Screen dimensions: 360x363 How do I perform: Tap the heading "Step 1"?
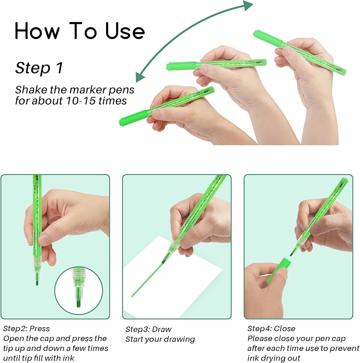tap(39, 68)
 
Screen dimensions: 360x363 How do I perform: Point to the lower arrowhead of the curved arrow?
tap(140, 77)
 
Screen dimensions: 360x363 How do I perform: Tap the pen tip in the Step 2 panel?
tap(37, 280)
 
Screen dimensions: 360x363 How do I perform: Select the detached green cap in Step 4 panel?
tap(279, 271)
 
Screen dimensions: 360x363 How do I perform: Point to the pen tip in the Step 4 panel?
tap(292, 252)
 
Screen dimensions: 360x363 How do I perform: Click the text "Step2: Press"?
tap(27, 329)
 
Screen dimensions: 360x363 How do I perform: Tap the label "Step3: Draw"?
tap(148, 329)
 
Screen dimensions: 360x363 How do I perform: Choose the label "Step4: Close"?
tap(271, 329)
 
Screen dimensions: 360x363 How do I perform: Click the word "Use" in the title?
tap(125, 30)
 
